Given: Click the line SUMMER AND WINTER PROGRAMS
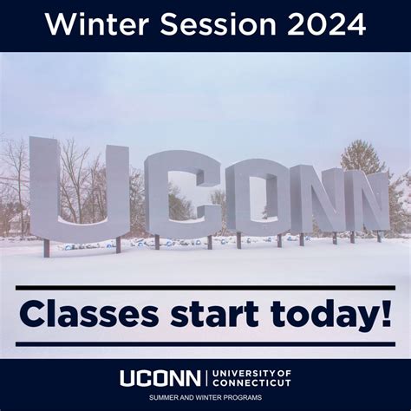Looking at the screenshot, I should [205, 398].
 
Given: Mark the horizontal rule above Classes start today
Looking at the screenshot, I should [205, 287].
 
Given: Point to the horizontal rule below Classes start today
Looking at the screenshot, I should [205, 344].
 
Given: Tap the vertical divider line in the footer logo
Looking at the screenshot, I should [205, 378].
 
